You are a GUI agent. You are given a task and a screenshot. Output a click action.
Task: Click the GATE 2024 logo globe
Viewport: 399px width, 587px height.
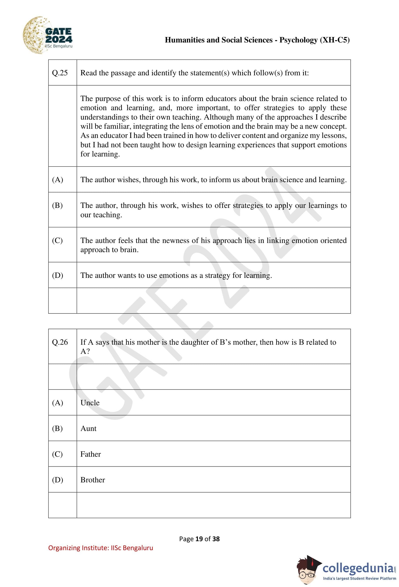point(35,35)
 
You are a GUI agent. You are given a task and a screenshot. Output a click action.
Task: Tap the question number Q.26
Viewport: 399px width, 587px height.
point(60,342)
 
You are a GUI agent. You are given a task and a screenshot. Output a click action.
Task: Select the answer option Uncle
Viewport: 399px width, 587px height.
point(90,403)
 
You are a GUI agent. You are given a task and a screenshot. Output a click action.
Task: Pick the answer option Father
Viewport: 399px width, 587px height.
point(90,454)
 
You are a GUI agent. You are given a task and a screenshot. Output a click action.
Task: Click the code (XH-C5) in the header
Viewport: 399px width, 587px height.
point(335,40)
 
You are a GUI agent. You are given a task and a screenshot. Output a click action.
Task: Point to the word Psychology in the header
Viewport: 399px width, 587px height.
point(298,40)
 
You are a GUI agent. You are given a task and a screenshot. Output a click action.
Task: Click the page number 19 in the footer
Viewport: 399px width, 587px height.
point(199,539)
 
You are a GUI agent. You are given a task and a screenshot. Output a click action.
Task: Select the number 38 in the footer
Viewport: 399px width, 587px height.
point(216,539)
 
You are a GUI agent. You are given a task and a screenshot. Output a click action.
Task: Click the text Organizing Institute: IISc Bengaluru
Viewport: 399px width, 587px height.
point(101,548)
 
